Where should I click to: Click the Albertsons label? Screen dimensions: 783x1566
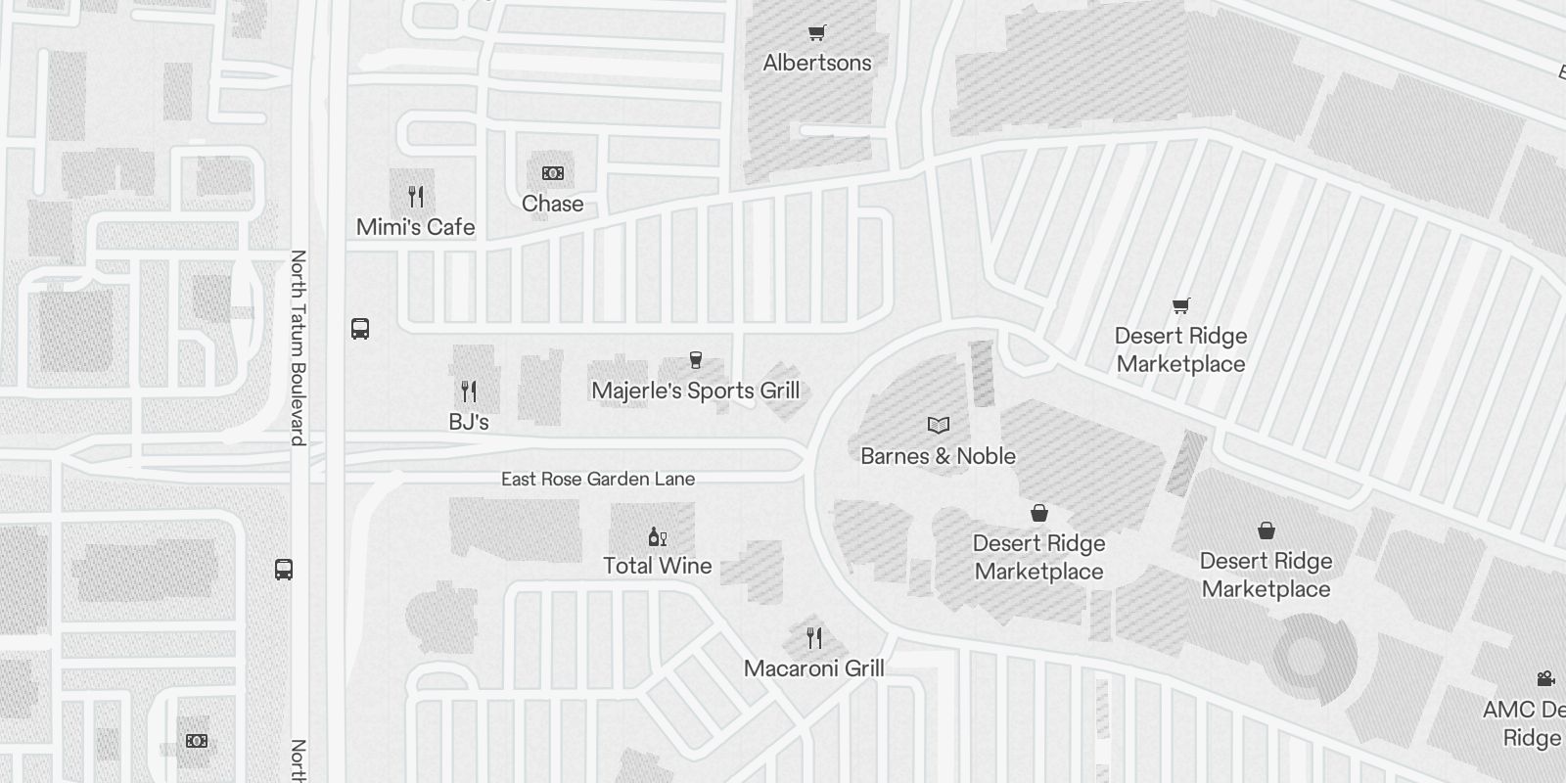click(817, 63)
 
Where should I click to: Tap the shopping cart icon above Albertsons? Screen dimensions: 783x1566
click(817, 33)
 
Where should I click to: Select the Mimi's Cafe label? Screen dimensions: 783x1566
click(416, 227)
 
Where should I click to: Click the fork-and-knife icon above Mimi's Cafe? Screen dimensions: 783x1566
click(416, 197)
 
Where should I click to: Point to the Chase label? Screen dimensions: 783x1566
click(552, 204)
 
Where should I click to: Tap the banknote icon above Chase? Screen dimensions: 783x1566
click(553, 173)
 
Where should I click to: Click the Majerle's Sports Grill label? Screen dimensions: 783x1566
click(696, 391)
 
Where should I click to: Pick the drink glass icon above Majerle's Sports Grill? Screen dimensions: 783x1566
click(696, 360)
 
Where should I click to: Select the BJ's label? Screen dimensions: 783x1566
click(469, 422)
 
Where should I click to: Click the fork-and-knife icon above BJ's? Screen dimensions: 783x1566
click(469, 391)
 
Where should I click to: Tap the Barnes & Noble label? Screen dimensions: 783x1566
click(938, 456)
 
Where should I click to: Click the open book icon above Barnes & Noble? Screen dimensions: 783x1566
click(939, 425)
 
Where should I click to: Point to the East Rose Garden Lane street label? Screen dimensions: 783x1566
click(598, 479)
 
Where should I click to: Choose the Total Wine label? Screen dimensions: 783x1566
click(658, 566)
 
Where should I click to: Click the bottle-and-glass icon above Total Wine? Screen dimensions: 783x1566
click(658, 536)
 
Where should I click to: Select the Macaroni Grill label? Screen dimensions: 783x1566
click(814, 668)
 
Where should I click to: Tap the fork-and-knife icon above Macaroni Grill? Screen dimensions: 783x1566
click(814, 638)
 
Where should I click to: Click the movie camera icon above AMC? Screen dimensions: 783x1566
click(1546, 678)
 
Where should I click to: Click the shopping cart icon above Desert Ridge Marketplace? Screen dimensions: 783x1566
click(1181, 306)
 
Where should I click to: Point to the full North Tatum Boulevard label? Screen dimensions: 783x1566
click(299, 347)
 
